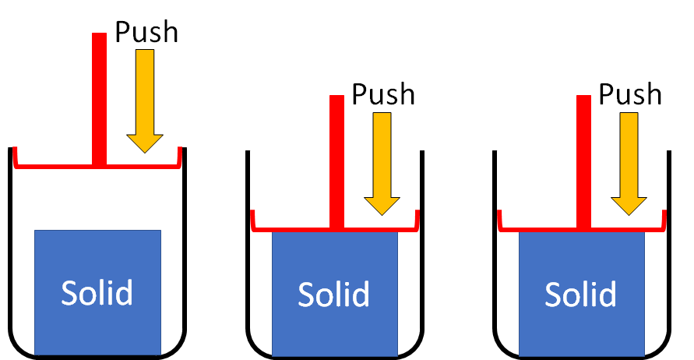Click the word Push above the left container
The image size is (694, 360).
(146, 32)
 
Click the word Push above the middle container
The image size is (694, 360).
(383, 94)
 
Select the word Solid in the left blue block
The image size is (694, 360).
(97, 293)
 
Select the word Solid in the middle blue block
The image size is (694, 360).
(334, 295)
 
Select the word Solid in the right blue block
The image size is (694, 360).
(581, 295)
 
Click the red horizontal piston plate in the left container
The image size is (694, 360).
(55, 165)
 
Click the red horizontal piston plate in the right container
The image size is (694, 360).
(537, 228)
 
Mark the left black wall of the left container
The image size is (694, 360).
(10, 249)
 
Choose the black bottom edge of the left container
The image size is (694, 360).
(97, 356)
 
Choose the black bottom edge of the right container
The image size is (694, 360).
(581, 356)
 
